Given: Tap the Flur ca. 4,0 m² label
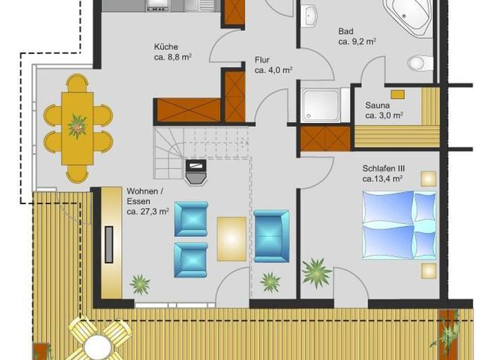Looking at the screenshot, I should coord(272,64).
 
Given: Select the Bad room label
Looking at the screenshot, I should coord(356,36).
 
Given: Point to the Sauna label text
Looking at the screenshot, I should coord(383,110).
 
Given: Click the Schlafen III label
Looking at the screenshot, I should coord(383,174).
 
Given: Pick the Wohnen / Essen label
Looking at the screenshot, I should coord(145,201).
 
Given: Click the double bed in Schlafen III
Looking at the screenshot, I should coord(399,224).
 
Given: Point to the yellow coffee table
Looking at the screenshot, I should coord(232,238).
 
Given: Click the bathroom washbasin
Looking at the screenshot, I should coord(312,15).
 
